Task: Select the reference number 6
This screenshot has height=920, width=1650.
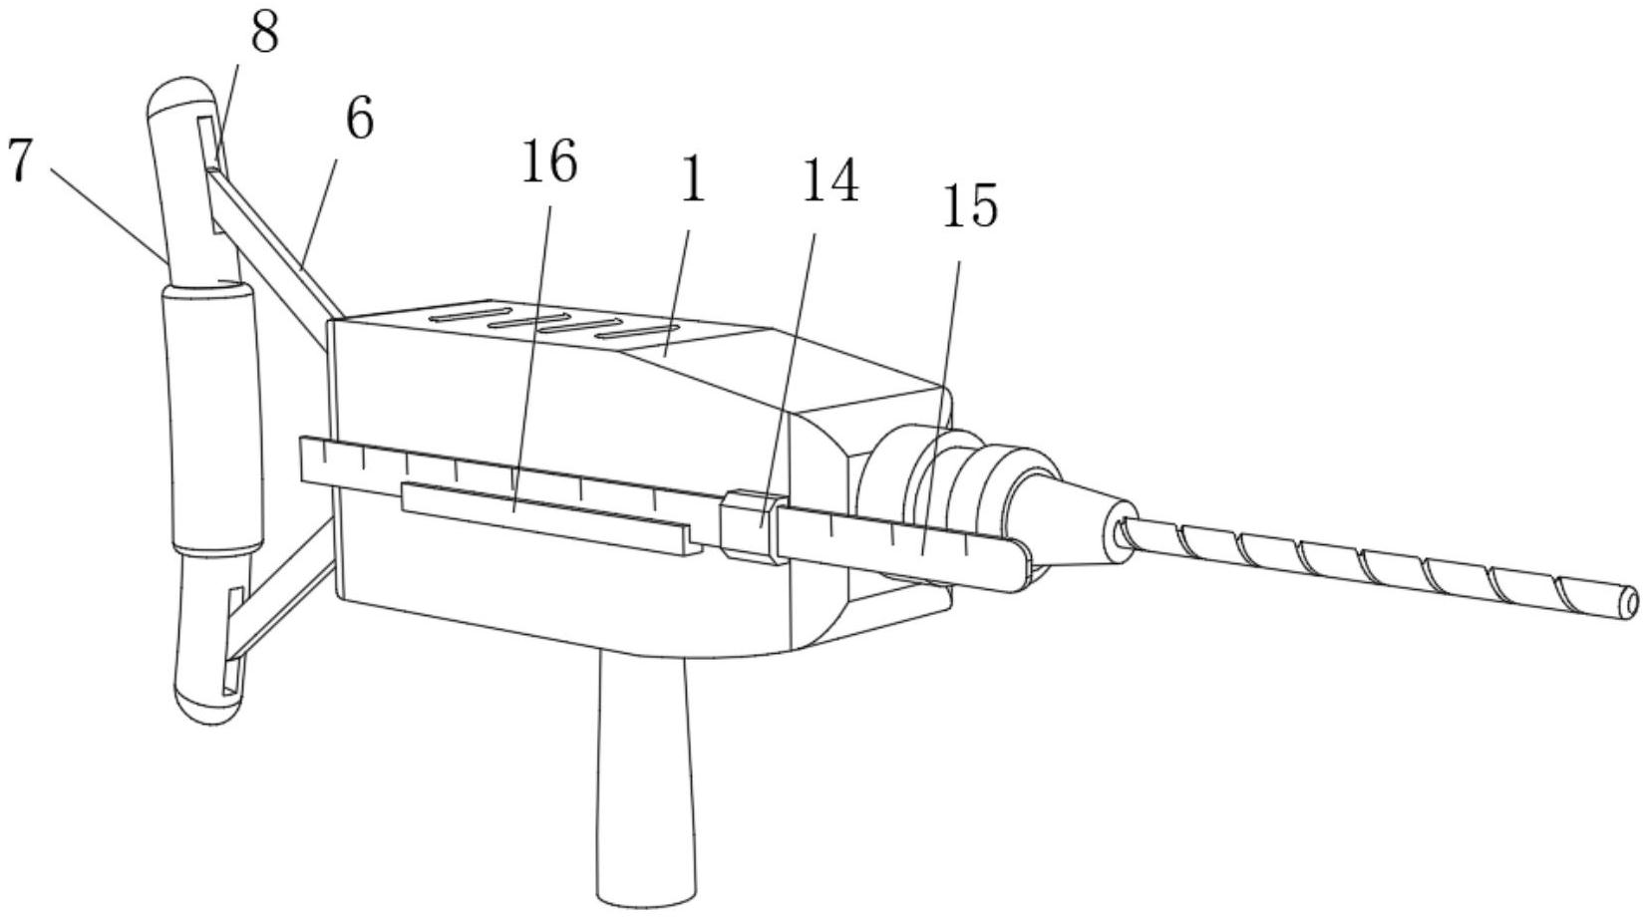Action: tap(359, 120)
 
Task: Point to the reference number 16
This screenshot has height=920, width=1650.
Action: tap(548, 162)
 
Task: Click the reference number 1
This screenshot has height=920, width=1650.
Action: tap(692, 180)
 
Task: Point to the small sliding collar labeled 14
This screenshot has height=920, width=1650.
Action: tap(748, 522)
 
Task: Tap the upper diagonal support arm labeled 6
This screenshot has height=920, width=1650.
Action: tap(269, 239)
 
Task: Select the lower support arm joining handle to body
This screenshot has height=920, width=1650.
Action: tap(284, 598)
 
